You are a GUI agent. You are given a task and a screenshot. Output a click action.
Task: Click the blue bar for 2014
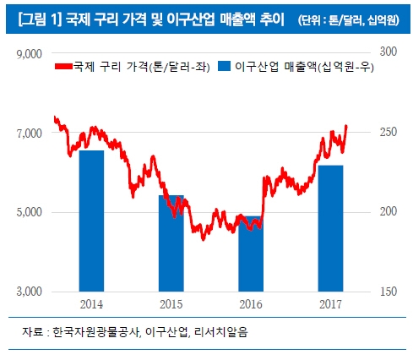(x=91, y=220)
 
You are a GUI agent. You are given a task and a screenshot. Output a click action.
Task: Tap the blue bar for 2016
(x=250, y=254)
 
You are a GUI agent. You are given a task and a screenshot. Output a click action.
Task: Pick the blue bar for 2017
(x=330, y=227)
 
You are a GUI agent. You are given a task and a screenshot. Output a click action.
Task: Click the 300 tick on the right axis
(x=387, y=52)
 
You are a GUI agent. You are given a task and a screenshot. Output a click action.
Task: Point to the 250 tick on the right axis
(x=387, y=132)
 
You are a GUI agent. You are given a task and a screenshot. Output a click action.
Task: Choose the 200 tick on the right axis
(x=387, y=211)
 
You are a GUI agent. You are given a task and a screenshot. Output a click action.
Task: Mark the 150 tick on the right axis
(x=387, y=292)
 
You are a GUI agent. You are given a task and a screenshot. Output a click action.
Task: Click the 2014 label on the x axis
(x=91, y=303)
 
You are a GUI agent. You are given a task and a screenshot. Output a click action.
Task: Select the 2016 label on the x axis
(x=250, y=303)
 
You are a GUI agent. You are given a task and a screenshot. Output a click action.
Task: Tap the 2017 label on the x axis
(x=330, y=303)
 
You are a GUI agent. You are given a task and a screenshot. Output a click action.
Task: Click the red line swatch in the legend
(x=62, y=67)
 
